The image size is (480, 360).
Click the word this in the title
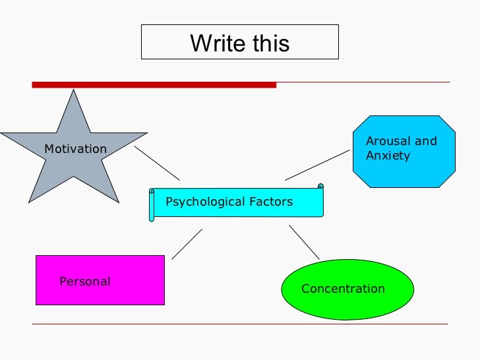270,44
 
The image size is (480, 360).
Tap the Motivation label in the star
75,149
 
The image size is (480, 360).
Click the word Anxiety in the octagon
388,156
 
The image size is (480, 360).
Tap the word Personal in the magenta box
85,282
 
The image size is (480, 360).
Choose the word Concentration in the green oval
343,289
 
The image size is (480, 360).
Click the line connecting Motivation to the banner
157,163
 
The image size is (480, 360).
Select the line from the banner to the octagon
317,165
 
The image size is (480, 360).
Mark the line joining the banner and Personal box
187,244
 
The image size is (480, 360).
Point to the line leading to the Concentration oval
304,242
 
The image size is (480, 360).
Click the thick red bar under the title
154,85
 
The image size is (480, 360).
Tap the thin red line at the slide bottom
240,324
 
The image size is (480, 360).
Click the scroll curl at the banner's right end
320,187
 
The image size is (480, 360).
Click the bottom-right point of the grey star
119,201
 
